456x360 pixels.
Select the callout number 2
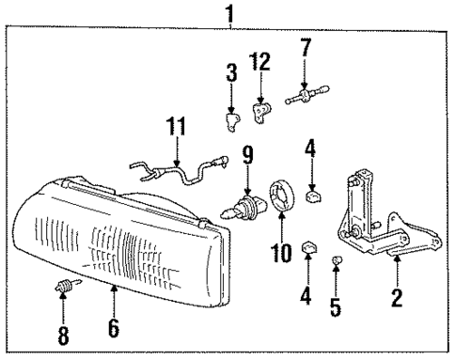coord(397,299)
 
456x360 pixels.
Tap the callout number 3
coord(231,72)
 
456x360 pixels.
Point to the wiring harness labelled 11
coord(179,171)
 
